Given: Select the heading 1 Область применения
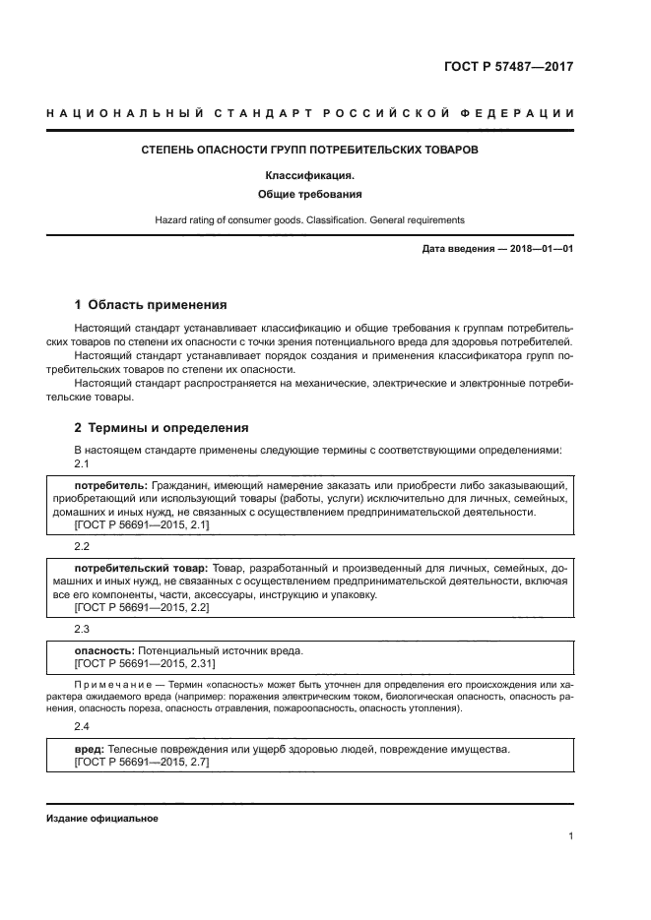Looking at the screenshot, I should click(151, 304).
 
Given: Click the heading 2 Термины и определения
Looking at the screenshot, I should click(163, 428).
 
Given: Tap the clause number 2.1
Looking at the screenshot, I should click(83, 463).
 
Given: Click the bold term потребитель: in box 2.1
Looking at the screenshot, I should click(111, 486).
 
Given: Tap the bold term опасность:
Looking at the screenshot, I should click(107, 650).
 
